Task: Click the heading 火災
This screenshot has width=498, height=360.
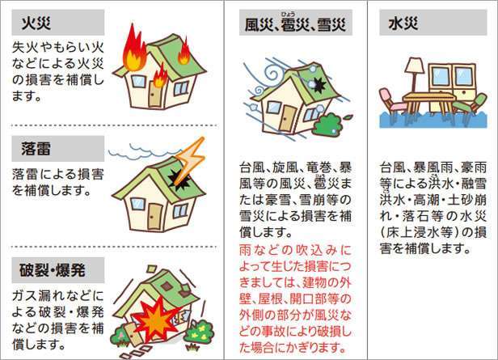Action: tap(32, 20)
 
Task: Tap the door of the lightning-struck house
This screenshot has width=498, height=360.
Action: tap(154, 214)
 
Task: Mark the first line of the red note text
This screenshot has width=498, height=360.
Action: tap(293, 252)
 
